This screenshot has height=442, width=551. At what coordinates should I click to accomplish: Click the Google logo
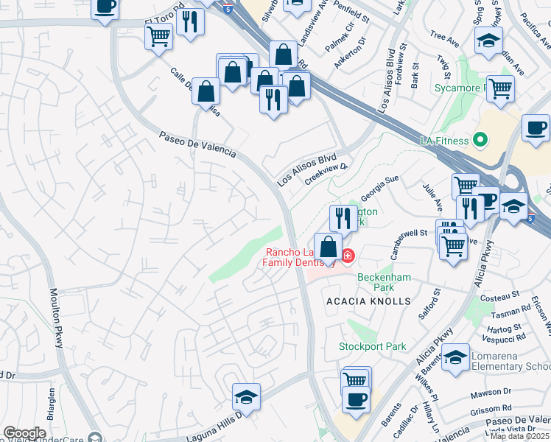tap(24, 432)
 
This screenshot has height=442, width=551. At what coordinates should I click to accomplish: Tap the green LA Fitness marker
tap(481, 139)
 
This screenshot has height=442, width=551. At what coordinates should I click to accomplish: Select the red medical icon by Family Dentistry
tap(347, 256)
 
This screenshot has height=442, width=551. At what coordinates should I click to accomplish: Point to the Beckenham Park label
tap(382, 281)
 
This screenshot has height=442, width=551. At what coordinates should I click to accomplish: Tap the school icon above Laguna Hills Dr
tap(246, 397)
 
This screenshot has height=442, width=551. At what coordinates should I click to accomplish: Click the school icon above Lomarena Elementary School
tap(456, 357)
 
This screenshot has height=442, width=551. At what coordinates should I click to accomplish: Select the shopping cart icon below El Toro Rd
tap(159, 35)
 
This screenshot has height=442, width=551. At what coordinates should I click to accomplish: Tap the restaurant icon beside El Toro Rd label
tap(191, 21)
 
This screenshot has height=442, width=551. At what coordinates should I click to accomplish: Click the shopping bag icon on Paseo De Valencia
tap(206, 91)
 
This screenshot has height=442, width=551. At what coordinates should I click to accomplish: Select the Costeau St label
tap(491, 296)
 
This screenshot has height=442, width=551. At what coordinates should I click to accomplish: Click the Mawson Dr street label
tap(492, 392)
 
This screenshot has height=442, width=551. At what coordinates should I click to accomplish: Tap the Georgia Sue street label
tap(381, 178)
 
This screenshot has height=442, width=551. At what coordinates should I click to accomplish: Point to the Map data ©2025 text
tap(520, 436)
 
